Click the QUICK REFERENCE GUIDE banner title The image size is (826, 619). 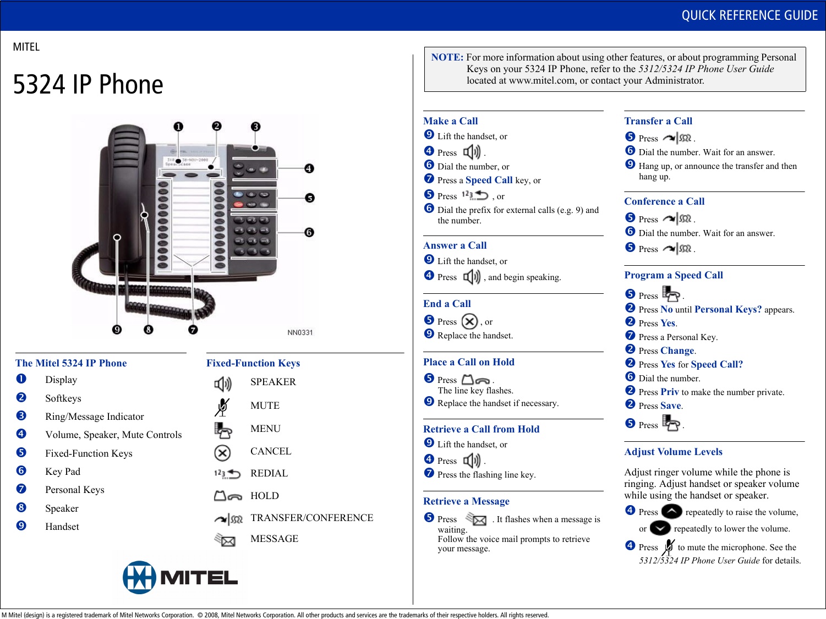coord(750,15)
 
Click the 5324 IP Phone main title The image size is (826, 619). coord(88,85)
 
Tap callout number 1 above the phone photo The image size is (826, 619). coord(178,127)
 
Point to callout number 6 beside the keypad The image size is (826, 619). coord(309,232)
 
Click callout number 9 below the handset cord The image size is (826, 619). coord(117,330)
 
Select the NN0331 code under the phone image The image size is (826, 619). coord(300,332)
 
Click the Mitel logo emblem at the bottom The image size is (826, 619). coord(139,577)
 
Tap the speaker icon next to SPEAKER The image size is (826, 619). coord(223,383)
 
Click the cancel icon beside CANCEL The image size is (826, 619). coord(222,453)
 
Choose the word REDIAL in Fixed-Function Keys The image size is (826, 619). coord(269,473)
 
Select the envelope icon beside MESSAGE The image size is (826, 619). coord(225,540)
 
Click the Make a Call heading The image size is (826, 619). coord(451,121)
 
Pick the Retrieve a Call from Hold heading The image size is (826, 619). coord(481,429)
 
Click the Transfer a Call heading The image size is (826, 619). coord(658,121)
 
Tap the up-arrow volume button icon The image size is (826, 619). coord(671,512)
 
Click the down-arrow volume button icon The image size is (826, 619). coord(660,528)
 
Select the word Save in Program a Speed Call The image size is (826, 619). coord(671,406)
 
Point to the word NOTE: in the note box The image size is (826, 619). coord(447,57)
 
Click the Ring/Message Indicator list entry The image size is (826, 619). coord(95,417)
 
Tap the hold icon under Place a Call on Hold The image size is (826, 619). coord(475,380)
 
